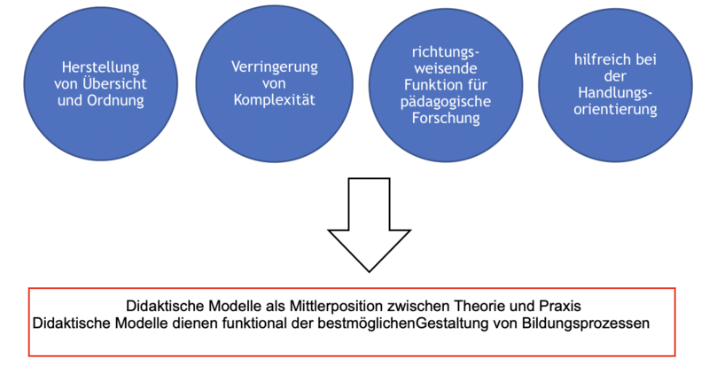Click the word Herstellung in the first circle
[100, 67]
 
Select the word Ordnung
[115, 100]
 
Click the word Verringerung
[275, 67]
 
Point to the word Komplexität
[275, 100]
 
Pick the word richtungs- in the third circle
[446, 52]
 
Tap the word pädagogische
[446, 102]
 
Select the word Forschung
[446, 118]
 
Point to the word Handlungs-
[615, 93]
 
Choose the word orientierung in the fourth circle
[615, 109]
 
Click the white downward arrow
[369, 225]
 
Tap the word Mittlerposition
[337, 307]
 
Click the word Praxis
[560, 306]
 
